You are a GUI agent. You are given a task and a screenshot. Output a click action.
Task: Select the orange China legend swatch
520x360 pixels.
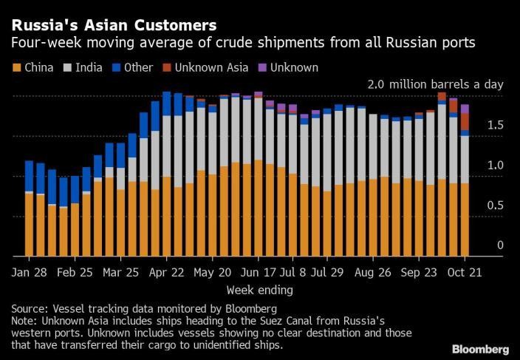tap(16, 68)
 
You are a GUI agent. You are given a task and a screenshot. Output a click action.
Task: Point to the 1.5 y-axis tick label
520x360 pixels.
tap(495, 126)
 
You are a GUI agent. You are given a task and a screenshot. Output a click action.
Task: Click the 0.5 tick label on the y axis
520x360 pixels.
tap(495, 205)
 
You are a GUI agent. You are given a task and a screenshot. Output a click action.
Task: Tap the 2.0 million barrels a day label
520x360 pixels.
tap(435, 85)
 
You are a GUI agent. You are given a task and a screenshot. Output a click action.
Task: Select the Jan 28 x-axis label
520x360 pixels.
tap(30, 271)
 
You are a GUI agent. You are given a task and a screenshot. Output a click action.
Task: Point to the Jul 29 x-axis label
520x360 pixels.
tap(326, 271)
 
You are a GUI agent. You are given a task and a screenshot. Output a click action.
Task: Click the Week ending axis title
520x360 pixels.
tap(259, 290)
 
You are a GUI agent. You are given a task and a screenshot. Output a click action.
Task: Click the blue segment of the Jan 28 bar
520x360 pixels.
tap(29, 176)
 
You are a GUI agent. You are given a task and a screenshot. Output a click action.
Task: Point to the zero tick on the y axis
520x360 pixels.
tap(500, 245)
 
